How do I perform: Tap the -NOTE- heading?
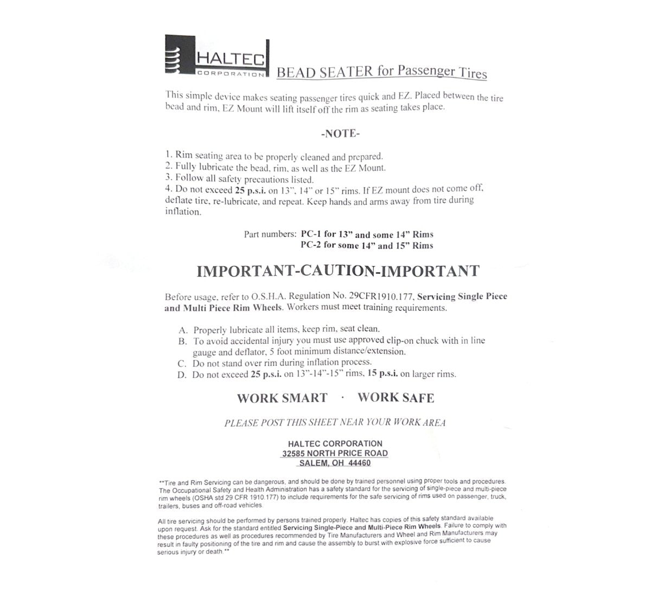tap(340, 133)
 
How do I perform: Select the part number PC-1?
tap(311, 235)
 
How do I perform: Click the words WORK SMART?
tap(282, 398)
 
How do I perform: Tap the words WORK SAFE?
tap(396, 397)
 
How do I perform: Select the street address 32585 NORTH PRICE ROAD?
tap(335, 453)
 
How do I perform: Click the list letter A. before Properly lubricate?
tap(183, 330)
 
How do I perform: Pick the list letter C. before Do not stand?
tap(182, 363)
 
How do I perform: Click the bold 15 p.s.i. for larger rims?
tap(382, 373)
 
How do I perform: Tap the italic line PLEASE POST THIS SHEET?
tap(335, 423)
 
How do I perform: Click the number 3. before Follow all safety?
tap(169, 178)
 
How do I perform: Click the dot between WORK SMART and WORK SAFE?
tap(343, 397)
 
